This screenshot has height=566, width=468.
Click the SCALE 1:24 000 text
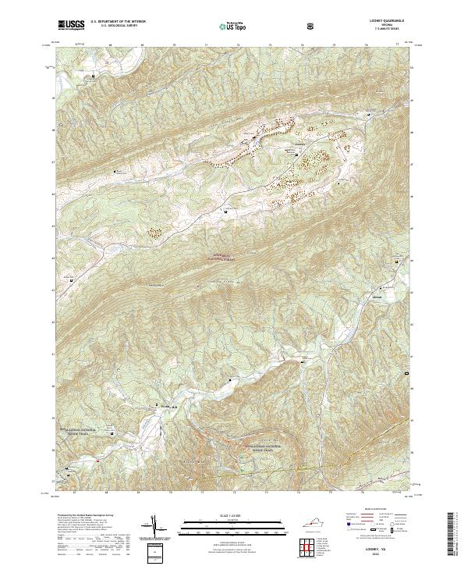tap(214, 515)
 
